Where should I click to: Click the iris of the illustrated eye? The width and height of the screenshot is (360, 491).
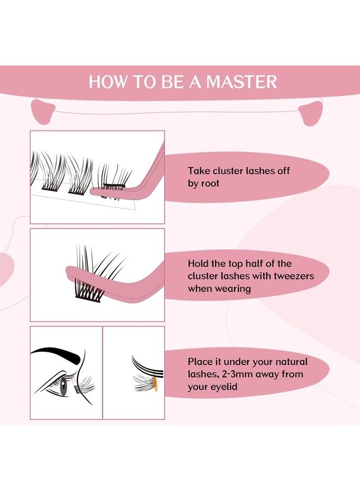[x=65, y=390]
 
